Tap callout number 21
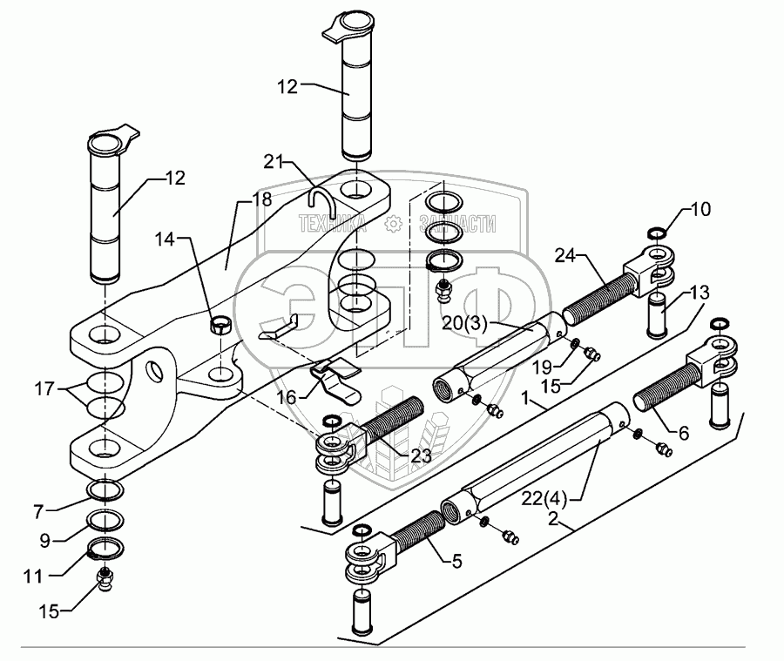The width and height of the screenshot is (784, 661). [x=274, y=162]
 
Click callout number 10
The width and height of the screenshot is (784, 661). [x=700, y=209]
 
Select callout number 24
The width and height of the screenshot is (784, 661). [x=567, y=257]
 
